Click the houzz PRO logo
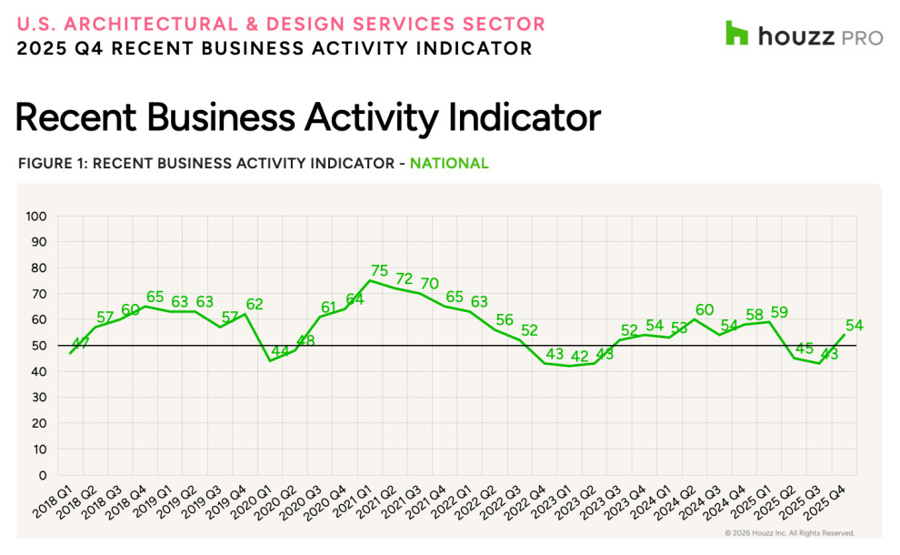[804, 35]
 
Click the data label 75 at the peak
[380, 270]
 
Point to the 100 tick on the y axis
[36, 217]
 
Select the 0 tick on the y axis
[43, 475]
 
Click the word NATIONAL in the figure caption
[449, 164]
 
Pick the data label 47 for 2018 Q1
[82, 344]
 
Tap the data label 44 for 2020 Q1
[281, 351]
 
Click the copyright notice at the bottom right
[789, 533]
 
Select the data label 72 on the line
[405, 278]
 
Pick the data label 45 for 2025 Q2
[803, 348]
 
